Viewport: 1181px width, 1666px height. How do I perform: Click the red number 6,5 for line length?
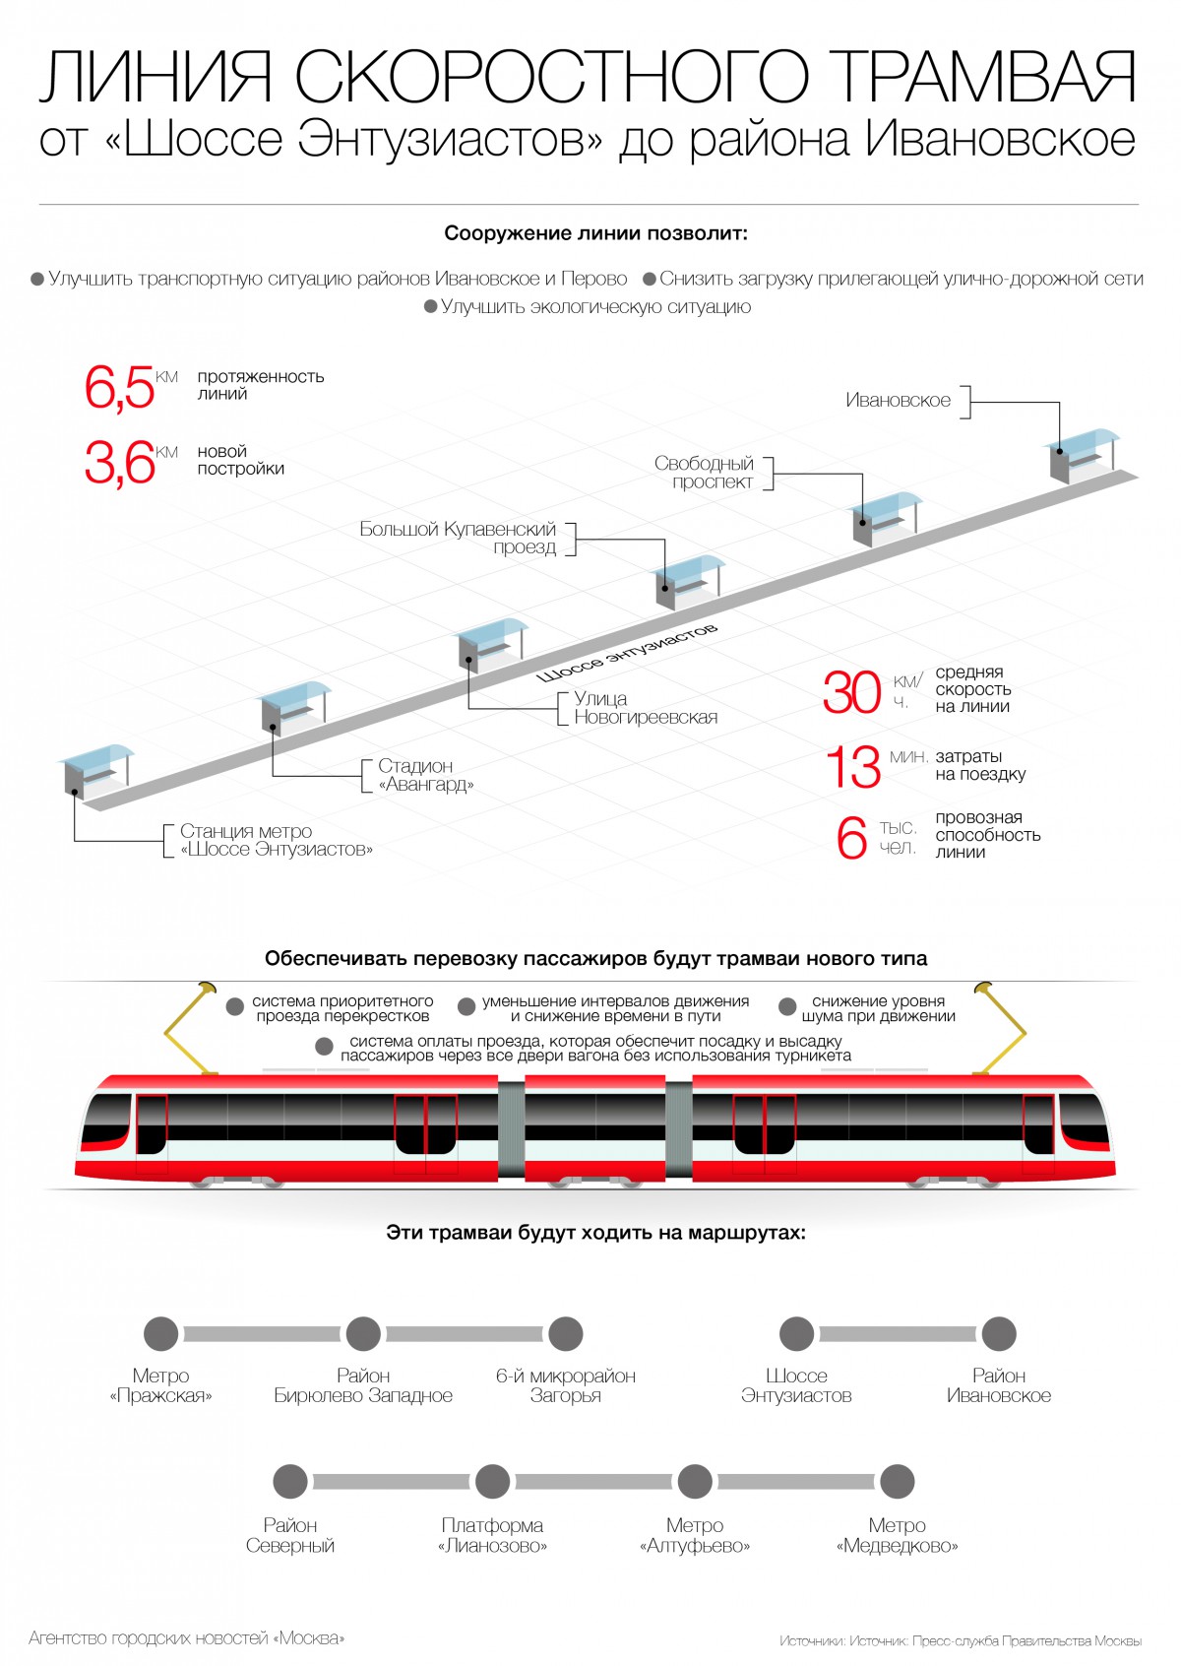tap(119, 387)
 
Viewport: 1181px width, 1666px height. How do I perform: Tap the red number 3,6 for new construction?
tap(119, 463)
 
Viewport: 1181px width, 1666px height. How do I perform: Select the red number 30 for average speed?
tap(851, 692)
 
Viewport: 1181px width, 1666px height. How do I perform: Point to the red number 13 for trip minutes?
tap(852, 768)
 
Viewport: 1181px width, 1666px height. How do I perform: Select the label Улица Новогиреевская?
tap(646, 708)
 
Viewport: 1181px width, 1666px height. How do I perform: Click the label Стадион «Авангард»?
tap(426, 775)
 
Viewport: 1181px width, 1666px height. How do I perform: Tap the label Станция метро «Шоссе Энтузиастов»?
tap(276, 840)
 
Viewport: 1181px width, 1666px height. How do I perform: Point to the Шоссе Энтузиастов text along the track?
tap(627, 652)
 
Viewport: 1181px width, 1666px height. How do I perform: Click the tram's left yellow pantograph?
tap(190, 1029)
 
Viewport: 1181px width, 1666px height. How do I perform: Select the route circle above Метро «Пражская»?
tap(161, 1334)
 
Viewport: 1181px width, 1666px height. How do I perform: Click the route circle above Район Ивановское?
tap(998, 1334)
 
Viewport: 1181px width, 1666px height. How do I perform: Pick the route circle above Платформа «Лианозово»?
tap(492, 1481)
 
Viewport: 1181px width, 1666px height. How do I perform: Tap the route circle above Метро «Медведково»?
tap(897, 1481)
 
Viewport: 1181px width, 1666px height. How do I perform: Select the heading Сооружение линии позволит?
tap(595, 234)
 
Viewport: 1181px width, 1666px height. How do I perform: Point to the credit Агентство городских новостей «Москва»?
tap(187, 1638)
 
